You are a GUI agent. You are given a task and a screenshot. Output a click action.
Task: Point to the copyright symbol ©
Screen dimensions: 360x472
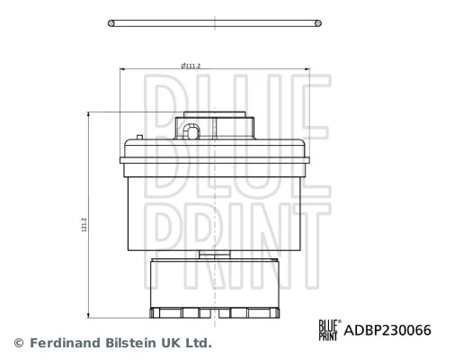click(x=16, y=343)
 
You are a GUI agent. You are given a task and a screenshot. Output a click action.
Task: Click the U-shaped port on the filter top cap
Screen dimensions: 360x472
click(x=191, y=133)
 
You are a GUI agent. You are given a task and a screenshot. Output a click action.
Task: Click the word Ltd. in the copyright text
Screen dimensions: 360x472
click(x=197, y=343)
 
